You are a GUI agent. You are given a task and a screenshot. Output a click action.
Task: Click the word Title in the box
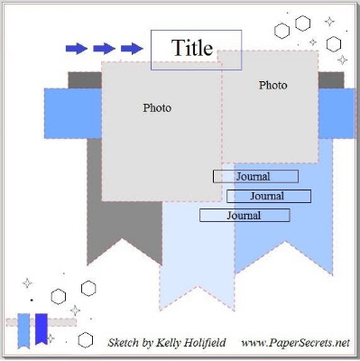pos(192,48)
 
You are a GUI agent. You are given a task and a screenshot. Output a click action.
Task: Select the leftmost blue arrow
pos(77,48)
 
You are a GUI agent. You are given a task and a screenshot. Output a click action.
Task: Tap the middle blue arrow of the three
pos(104,48)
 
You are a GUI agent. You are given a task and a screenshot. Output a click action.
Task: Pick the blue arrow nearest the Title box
pos(132,48)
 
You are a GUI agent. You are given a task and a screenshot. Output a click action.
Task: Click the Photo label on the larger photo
pos(157,107)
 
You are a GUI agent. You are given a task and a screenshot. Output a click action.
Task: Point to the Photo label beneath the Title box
pos(273,85)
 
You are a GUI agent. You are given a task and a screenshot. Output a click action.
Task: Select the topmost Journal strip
pos(255,176)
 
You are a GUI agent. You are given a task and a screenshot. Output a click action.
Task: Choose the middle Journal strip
pos(269,196)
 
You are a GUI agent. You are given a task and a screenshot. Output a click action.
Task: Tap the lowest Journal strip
pos(245,216)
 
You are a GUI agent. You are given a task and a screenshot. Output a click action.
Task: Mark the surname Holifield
pos(205,342)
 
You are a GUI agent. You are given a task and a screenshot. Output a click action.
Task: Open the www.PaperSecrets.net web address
pos(296,343)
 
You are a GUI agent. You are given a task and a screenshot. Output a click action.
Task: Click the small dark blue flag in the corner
pos(42,329)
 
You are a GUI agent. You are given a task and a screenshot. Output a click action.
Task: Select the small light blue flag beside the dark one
pos(23,330)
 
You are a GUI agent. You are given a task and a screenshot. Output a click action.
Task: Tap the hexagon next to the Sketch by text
pos(86,340)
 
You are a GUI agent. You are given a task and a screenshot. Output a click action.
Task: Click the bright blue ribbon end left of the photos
pos(73,114)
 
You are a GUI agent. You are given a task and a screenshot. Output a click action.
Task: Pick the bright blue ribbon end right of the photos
pos(337,114)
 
